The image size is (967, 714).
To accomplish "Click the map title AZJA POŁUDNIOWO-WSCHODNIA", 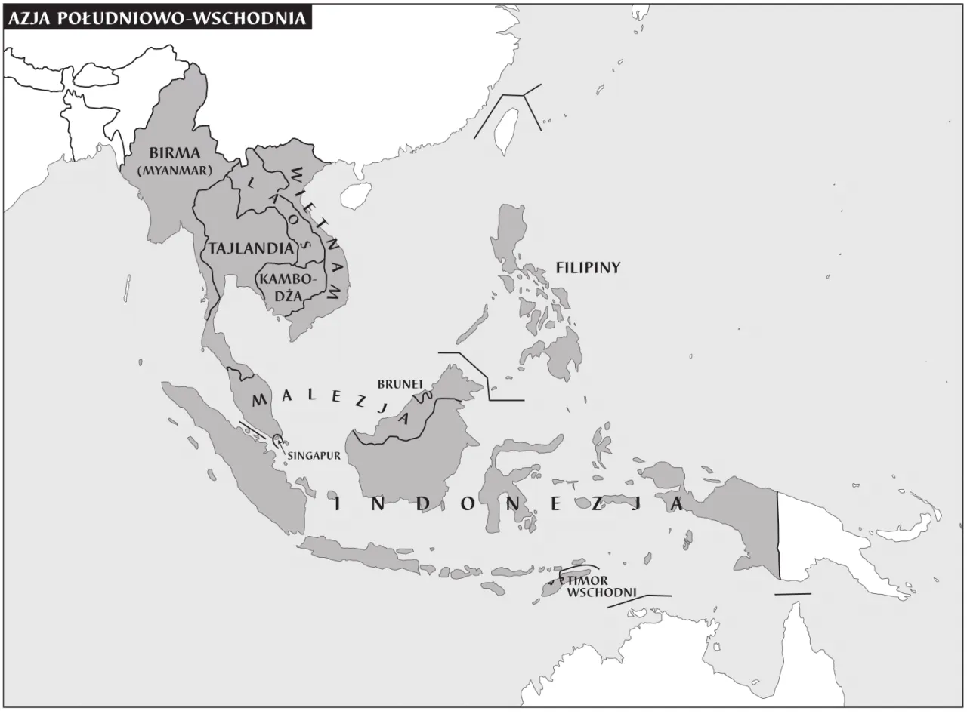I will click(x=157, y=19).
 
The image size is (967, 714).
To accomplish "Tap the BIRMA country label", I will click(x=175, y=154).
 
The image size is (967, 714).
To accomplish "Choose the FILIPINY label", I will click(x=588, y=267).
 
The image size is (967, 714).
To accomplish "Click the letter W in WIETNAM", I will click(x=298, y=172).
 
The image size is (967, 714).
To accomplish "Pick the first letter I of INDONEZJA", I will click(x=338, y=504).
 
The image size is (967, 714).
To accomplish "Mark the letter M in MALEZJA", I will click(x=258, y=399).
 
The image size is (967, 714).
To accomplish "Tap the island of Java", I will click(x=363, y=554).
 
